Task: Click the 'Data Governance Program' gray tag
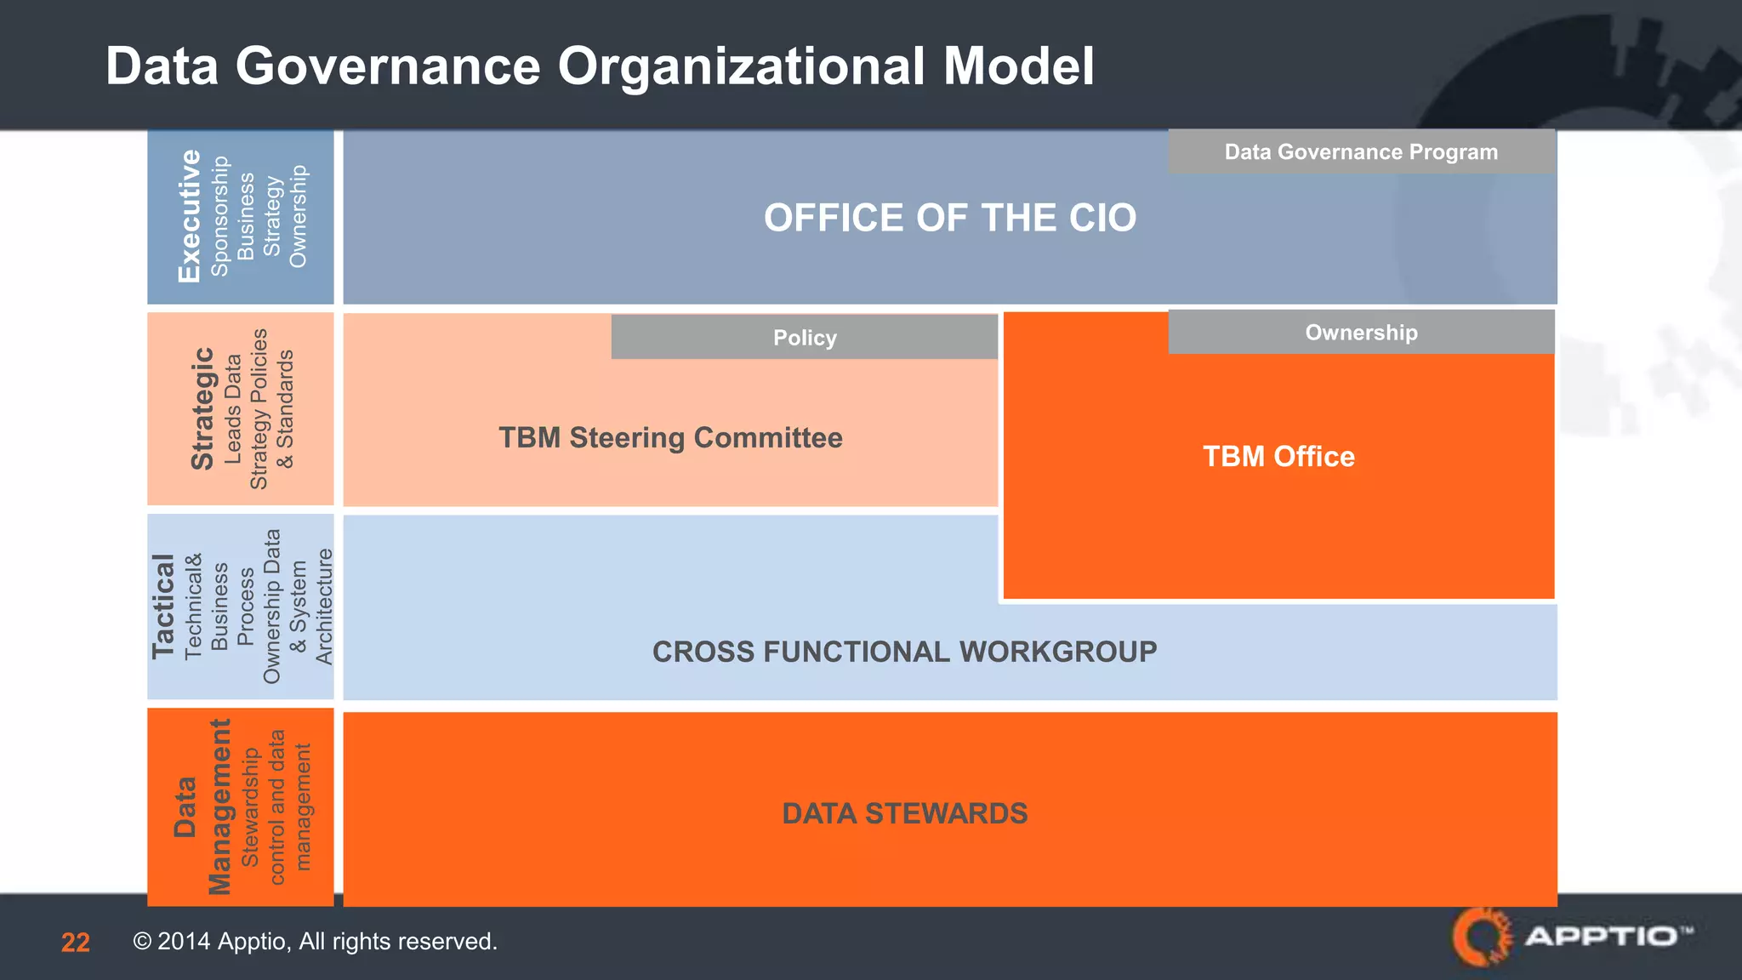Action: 1361,152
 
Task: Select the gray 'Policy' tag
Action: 805,338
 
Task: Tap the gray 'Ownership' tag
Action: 1361,333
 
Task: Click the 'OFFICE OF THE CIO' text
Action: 949,218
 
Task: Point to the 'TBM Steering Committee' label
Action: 670,438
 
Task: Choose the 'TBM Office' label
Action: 1278,457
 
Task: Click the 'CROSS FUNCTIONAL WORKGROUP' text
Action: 904,652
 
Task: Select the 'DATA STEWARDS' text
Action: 904,814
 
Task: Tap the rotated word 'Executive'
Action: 189,216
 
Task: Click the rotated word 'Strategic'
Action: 202,408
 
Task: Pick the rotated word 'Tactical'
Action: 162,607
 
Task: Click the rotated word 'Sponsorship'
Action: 219,216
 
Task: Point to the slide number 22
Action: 76,943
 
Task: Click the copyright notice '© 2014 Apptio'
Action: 315,942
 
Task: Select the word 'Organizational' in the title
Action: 741,66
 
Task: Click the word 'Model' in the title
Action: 1018,66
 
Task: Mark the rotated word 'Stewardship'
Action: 250,807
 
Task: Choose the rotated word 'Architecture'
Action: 324,607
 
